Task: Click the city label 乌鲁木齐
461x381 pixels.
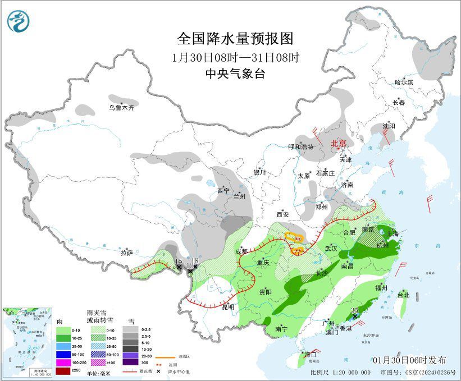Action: point(122,107)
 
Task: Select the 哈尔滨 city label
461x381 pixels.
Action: point(403,82)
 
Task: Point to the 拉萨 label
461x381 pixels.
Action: point(126,253)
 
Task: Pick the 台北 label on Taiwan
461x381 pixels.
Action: point(403,295)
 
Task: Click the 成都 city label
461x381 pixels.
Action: point(240,251)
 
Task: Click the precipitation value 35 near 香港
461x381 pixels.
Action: point(354,310)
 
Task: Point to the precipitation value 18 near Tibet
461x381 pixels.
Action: point(195,261)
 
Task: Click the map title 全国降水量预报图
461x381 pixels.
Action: point(235,38)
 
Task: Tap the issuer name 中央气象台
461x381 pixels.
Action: point(235,74)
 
